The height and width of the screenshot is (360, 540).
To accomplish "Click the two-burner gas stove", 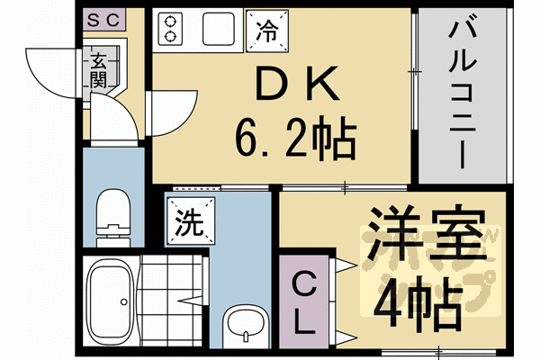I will pos(168,30).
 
